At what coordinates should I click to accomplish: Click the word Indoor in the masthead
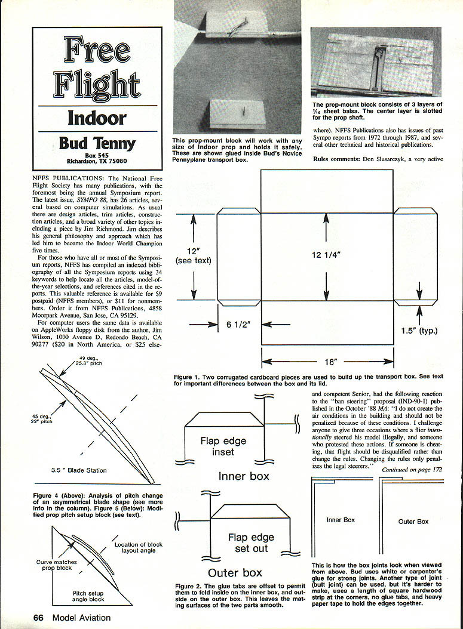coord(97,118)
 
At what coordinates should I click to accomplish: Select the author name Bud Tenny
coord(97,144)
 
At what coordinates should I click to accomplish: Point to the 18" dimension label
coord(327,362)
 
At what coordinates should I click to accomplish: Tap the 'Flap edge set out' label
coord(250,543)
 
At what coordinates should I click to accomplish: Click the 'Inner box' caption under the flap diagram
coord(244,476)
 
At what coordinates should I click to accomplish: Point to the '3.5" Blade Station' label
coord(79,470)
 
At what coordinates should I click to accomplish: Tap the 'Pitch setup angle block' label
coord(88,595)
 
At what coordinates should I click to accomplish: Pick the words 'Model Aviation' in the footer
coord(81,618)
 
